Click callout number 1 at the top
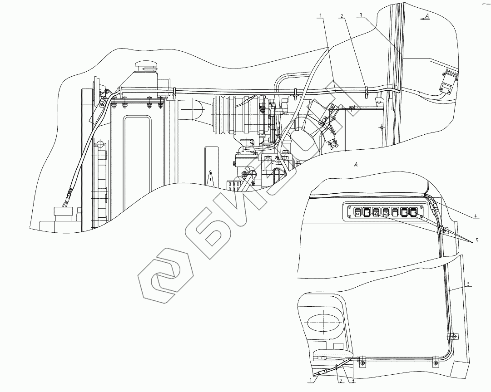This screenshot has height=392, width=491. [x=321, y=16]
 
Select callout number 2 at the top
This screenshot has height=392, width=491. [x=342, y=16]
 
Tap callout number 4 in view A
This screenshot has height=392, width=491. [x=475, y=216]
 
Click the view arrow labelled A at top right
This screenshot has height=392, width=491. [x=425, y=17]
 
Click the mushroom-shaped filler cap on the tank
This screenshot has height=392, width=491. [x=148, y=65]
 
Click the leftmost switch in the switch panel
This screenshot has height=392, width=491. [x=357, y=211]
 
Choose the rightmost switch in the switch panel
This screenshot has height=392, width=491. [x=413, y=211]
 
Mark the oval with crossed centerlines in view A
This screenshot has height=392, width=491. [x=322, y=323]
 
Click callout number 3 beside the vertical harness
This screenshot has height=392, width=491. [x=468, y=284]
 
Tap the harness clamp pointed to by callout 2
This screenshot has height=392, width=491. [x=365, y=89]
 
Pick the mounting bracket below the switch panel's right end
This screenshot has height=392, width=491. [x=442, y=230]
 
